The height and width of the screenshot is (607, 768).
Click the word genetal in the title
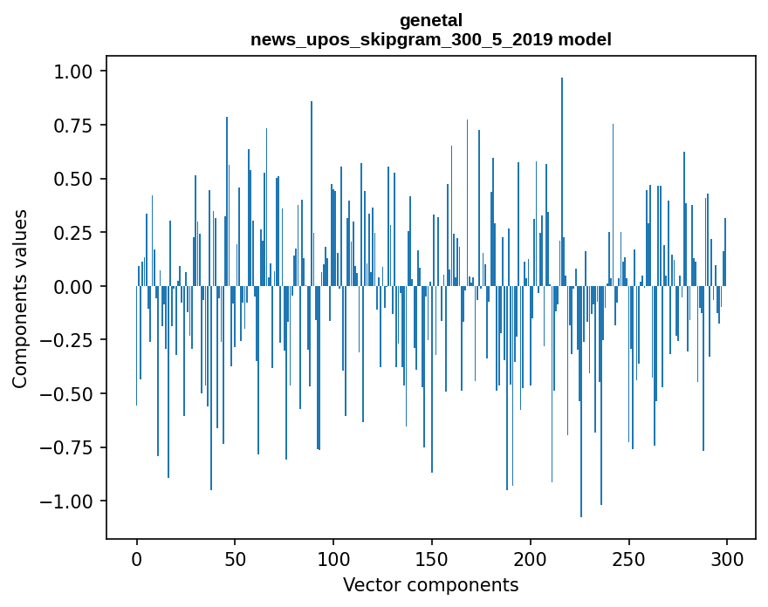[431, 20]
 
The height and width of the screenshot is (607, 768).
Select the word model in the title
[586, 39]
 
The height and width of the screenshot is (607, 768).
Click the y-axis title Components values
[20, 298]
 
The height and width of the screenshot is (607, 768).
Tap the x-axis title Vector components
[431, 585]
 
